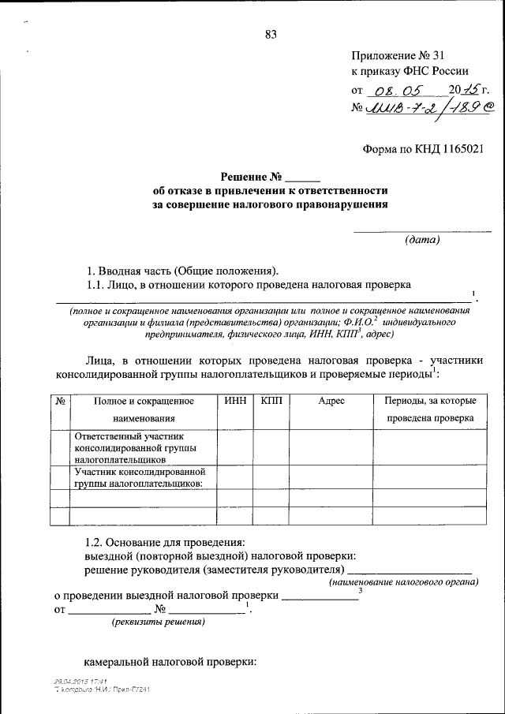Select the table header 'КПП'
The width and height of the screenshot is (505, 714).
coord(272,401)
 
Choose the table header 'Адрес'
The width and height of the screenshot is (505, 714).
coord(331,401)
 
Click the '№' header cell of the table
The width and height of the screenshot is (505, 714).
coord(60,401)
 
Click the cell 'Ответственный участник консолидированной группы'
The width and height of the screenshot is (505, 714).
coord(133,446)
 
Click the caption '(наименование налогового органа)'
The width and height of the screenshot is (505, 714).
coord(403,581)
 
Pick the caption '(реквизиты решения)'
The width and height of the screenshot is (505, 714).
coord(157,622)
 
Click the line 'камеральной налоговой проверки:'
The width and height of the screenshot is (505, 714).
coord(171,662)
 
